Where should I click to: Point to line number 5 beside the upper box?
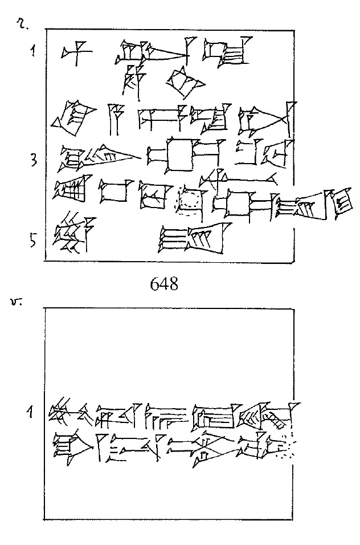click(34, 241)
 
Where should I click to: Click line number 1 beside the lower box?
click(34, 410)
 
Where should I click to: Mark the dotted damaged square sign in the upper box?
click(190, 202)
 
